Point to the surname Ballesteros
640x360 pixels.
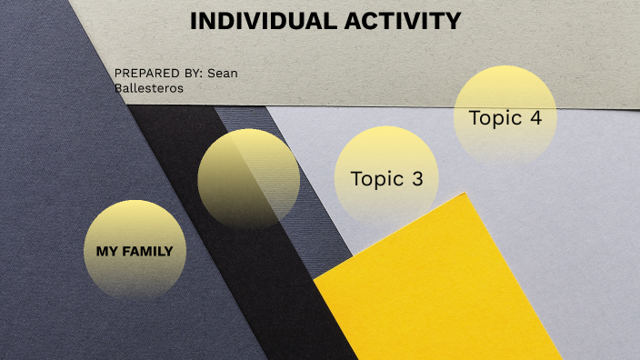pyautogui.click(x=148, y=88)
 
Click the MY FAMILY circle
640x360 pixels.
pyautogui.click(x=134, y=250)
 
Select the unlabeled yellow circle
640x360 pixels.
pyautogui.click(x=248, y=178)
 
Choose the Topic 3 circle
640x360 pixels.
pyautogui.click(x=386, y=178)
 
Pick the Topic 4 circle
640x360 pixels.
pyautogui.click(x=505, y=116)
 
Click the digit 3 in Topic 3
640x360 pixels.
pyautogui.click(x=417, y=179)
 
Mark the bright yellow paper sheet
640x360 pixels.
pyautogui.click(x=436, y=291)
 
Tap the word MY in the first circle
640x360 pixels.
pyautogui.click(x=106, y=251)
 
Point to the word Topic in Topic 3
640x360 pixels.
pyautogui.click(x=376, y=179)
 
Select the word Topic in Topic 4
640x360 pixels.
pyautogui.click(x=495, y=117)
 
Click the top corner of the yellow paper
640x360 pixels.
pyautogui.click(x=465, y=194)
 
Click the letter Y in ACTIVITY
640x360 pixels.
pyautogui.click(x=452, y=22)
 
